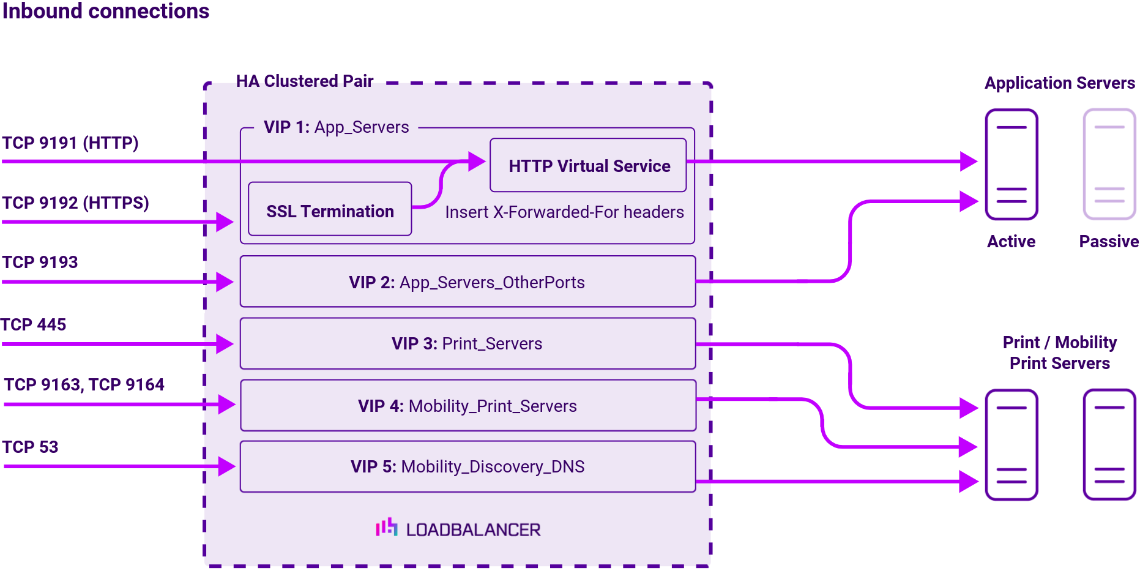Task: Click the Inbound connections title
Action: click(105, 11)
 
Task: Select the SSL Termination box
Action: click(330, 209)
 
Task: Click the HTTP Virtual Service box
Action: click(588, 165)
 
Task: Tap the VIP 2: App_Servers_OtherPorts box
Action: click(468, 282)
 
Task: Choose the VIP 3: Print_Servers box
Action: click(468, 343)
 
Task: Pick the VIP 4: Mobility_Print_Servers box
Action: click(468, 405)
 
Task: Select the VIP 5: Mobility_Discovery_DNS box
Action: click(468, 466)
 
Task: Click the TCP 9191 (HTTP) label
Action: click(70, 143)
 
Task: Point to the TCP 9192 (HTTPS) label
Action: click(75, 203)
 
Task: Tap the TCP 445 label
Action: click(34, 324)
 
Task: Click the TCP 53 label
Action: click(30, 447)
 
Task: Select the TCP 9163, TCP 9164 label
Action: click(84, 384)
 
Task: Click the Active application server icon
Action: click(1011, 164)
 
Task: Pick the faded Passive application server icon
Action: click(1109, 164)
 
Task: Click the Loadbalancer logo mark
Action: click(387, 528)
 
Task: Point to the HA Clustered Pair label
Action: click(304, 81)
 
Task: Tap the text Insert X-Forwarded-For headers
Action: click(564, 212)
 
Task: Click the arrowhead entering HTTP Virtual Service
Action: click(477, 162)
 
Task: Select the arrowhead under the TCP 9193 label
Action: click(225, 282)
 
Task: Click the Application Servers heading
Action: click(1059, 83)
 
